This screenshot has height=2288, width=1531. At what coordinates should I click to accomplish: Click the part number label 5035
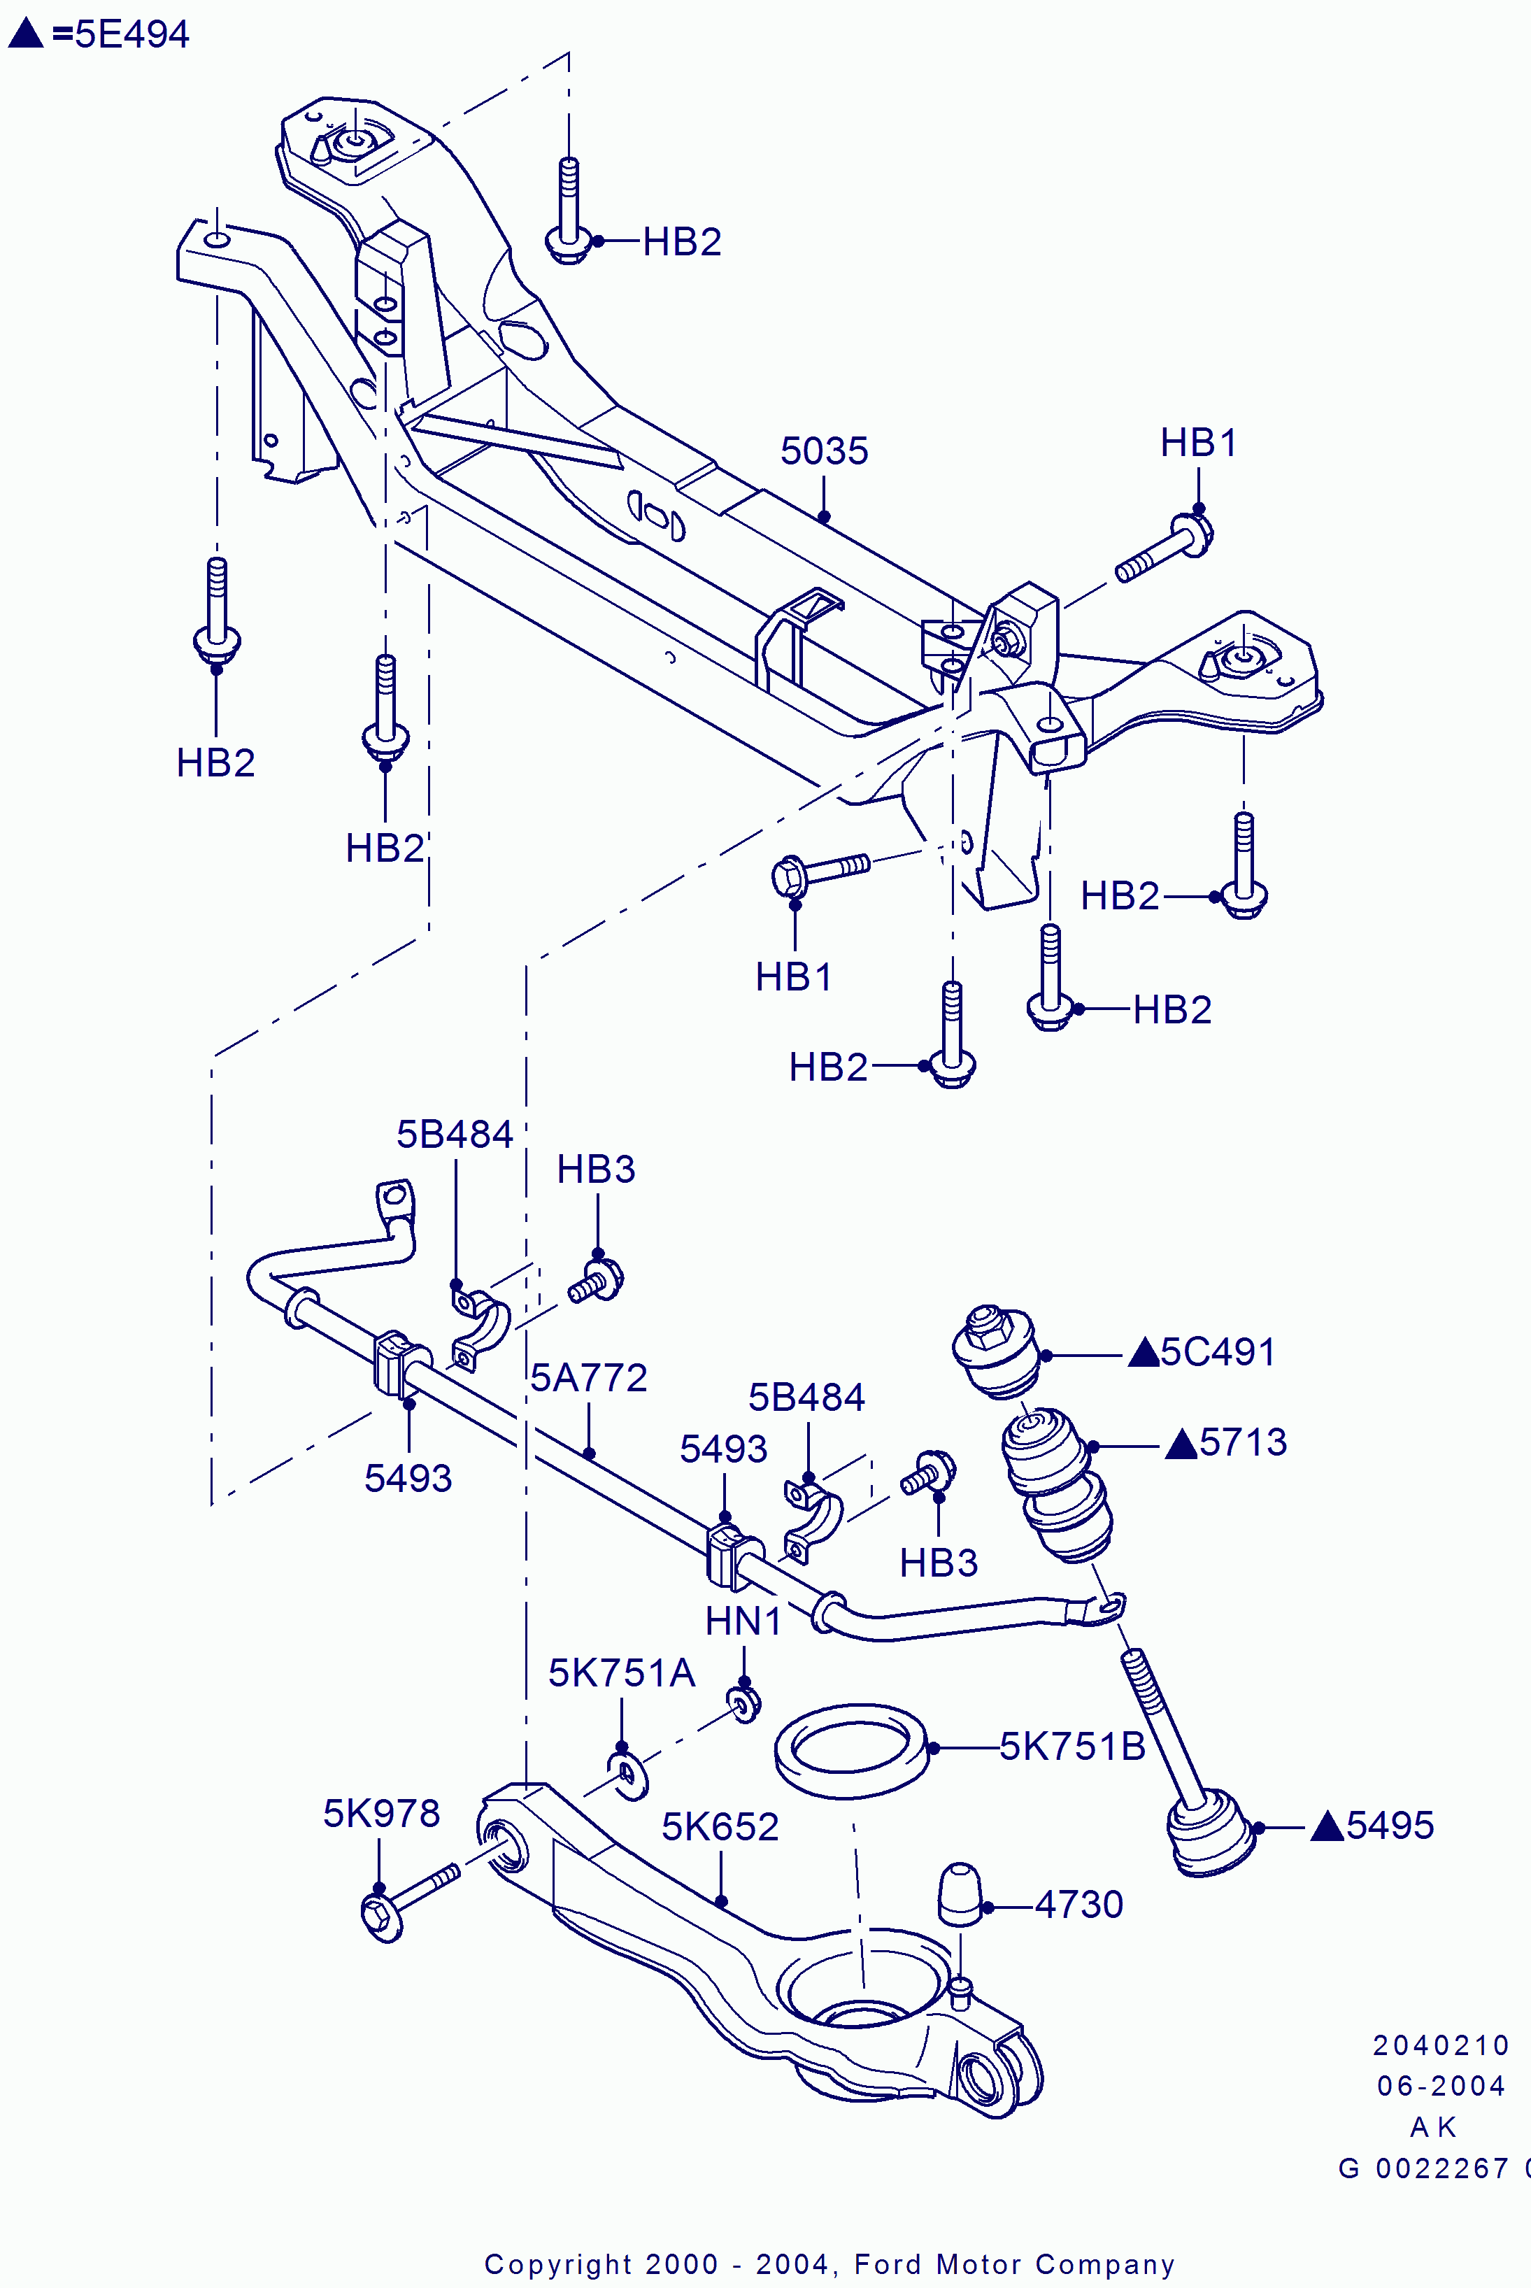tap(824, 451)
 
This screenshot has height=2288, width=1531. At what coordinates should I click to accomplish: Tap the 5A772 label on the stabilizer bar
tap(589, 1378)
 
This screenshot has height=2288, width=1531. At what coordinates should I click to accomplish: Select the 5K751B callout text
tap(1072, 1747)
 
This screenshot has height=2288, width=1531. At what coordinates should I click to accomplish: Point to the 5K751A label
tap(621, 1674)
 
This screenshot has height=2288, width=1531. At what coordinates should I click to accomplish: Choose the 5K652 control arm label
tap(720, 1827)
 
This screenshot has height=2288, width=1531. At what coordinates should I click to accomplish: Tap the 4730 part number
tap(1079, 1905)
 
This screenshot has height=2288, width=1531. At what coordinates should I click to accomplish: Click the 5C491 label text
tap(1218, 1353)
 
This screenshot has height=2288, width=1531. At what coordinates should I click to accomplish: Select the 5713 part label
tap(1243, 1442)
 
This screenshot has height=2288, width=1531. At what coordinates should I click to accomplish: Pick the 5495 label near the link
tap(1390, 1825)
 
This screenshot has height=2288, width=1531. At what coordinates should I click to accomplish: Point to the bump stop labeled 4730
tap(959, 1893)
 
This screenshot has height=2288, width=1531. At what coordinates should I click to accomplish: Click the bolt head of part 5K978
tap(380, 1918)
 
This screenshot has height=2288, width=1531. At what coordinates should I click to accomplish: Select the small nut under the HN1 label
tap(745, 1704)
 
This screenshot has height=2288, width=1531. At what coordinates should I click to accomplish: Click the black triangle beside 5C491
tap(1142, 1353)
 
